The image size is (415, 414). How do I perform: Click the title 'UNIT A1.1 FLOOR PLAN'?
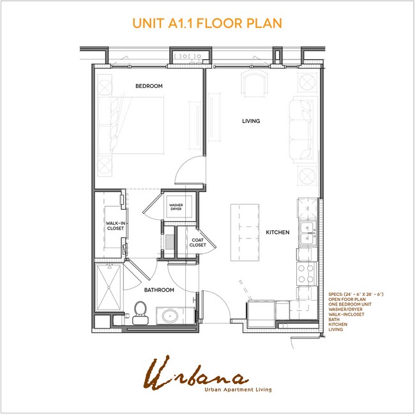coord(207,23)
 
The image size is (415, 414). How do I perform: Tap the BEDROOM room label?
coord(148,85)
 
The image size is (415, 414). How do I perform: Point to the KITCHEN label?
coord(278,232)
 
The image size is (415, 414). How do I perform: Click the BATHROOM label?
coord(159,290)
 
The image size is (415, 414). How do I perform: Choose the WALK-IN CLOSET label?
coord(115,225)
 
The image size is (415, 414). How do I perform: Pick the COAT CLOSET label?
coord(198,242)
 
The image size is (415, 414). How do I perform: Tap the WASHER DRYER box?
coord(176,207)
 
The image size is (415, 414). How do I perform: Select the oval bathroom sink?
coord(170,315)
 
